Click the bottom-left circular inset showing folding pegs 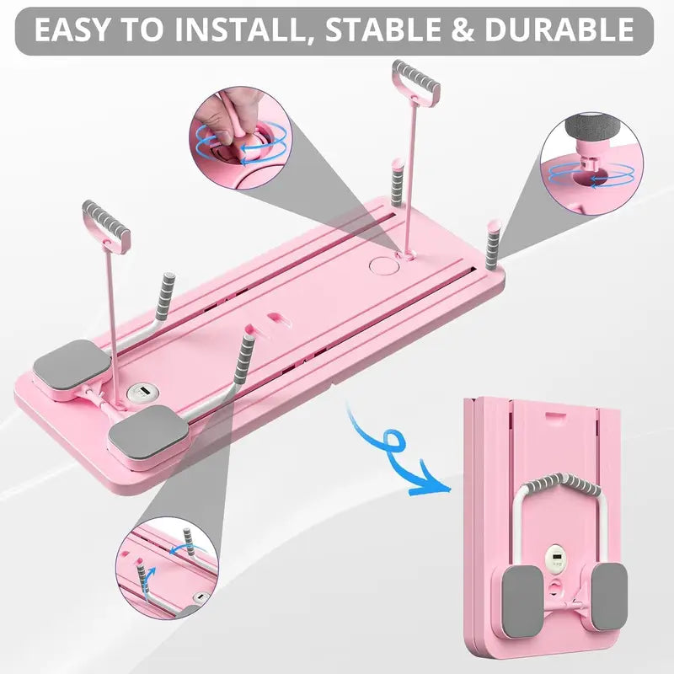pyautogui.click(x=163, y=565)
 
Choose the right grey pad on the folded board pyautogui.click(x=608, y=597)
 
